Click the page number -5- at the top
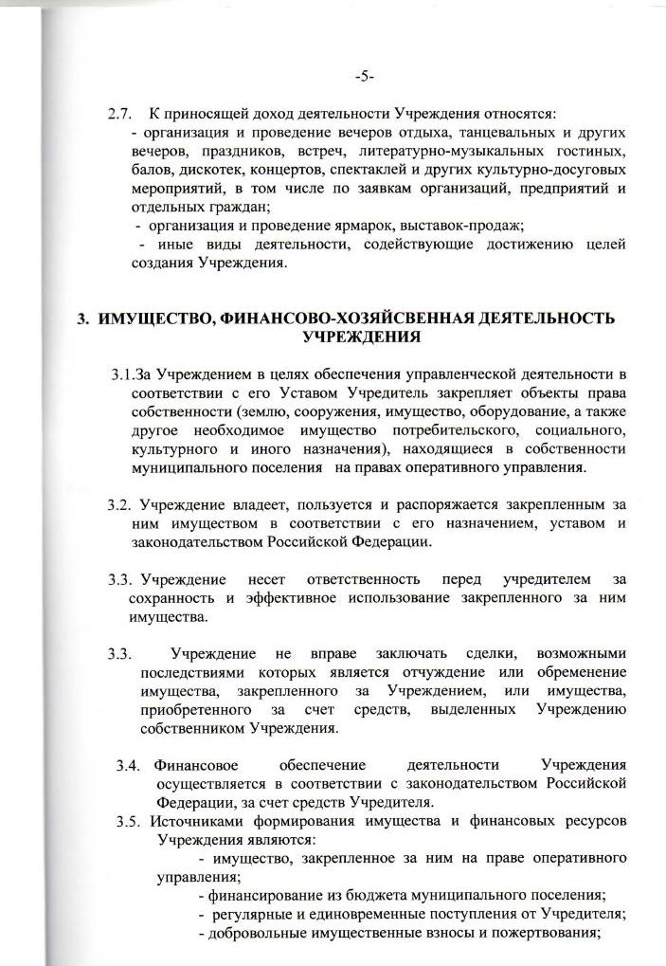(364, 77)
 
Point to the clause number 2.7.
(118, 115)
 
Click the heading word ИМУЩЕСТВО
(155, 319)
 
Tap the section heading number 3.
(82, 319)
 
